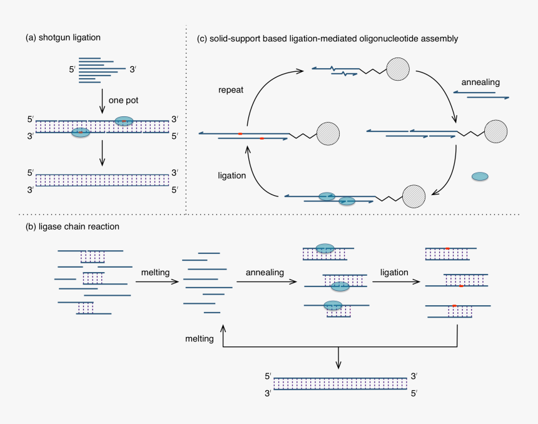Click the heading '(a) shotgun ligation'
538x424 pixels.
(63, 38)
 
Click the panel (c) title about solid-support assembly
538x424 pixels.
(327, 39)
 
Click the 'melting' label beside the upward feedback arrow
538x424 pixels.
(200, 338)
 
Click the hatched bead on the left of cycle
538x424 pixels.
(328, 133)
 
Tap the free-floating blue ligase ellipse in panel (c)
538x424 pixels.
(480, 177)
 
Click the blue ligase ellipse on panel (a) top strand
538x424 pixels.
(124, 121)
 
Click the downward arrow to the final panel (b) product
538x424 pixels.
(338, 358)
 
